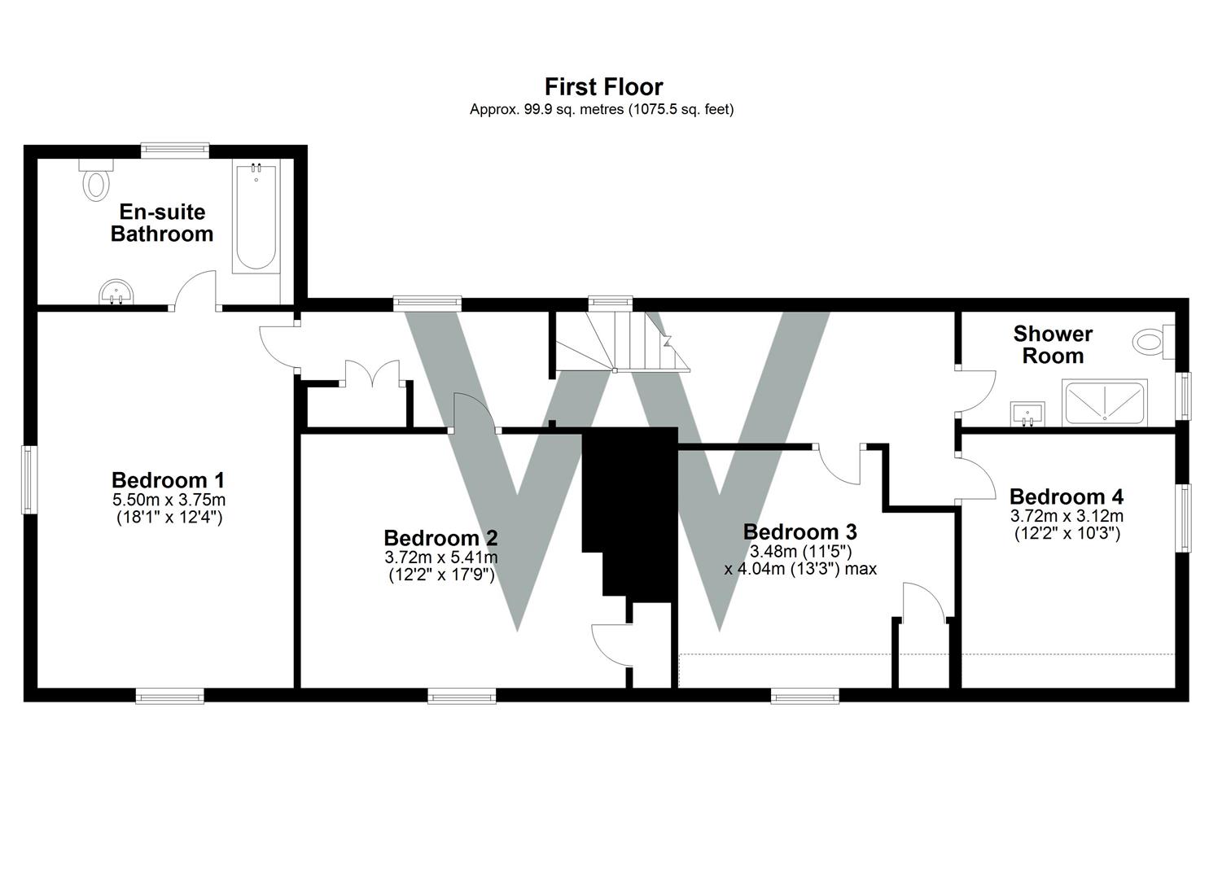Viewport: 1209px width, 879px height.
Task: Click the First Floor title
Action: pos(603,86)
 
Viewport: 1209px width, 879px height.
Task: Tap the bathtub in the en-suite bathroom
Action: pos(256,217)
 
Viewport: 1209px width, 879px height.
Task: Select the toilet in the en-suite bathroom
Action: pos(97,181)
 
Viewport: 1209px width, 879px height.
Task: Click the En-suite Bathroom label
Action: pos(162,223)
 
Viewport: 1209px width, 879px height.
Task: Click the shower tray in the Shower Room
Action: pos(1105,402)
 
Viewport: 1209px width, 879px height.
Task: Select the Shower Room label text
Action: pos(1053,344)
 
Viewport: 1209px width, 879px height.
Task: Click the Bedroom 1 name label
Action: pos(168,480)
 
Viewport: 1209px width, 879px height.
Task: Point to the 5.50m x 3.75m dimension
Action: pos(169,499)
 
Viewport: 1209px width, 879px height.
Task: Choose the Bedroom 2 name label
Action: pos(440,538)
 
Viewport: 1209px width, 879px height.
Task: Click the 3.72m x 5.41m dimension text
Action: pos(440,558)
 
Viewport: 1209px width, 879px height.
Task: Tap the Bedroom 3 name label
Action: pos(799,532)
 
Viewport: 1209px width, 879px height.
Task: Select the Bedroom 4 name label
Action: pos(1067,496)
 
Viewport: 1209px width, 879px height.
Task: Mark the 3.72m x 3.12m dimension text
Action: pos(1067,516)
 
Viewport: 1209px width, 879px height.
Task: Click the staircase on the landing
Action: pos(623,342)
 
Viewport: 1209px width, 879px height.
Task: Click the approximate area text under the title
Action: pos(602,109)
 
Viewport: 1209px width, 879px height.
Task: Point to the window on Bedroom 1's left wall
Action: pos(29,479)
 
